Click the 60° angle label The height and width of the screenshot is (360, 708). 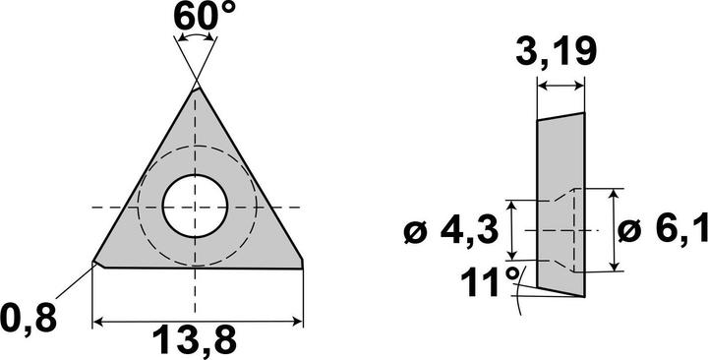pos(205,17)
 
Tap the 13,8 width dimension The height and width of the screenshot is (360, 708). pos(194,340)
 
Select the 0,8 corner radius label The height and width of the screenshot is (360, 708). pos(29,319)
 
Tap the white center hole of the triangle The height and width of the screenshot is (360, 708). pos(195,207)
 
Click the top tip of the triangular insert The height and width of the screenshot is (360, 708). pos(197,88)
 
